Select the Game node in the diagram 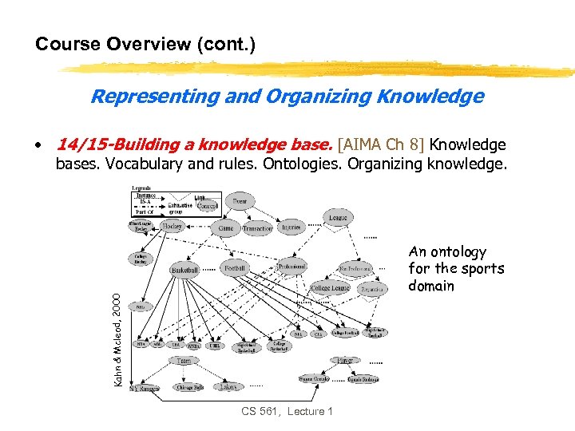(x=226, y=228)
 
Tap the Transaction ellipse (x=257, y=228)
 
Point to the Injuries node (x=291, y=227)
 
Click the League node (x=339, y=217)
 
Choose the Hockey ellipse (x=173, y=227)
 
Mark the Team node (x=184, y=360)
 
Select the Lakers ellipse (x=228, y=386)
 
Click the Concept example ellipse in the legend (x=207, y=206)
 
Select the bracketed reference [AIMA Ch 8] (x=382, y=144)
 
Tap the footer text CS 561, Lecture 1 (x=287, y=411)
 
